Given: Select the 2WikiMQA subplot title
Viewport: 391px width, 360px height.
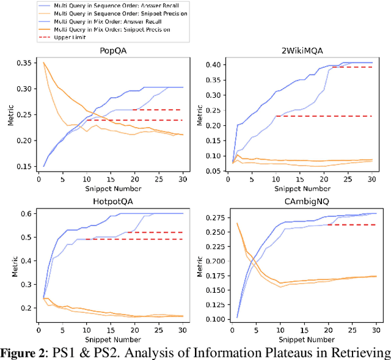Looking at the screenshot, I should tap(290, 51).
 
